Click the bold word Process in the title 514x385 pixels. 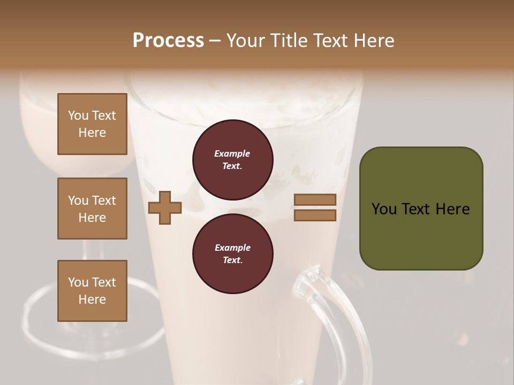coord(168,40)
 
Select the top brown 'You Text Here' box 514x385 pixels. coord(92,124)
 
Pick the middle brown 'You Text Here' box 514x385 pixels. coord(92,209)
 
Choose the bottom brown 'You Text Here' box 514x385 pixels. coord(92,291)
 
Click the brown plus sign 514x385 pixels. coord(165,207)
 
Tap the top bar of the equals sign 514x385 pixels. coord(315,200)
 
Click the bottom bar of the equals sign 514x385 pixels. coord(315,215)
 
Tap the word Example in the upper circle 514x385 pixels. coord(232,153)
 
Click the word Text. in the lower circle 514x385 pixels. coord(232,260)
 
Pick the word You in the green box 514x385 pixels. coord(384,209)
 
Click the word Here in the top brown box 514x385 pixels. coord(92,133)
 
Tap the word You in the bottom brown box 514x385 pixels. coord(78,282)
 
